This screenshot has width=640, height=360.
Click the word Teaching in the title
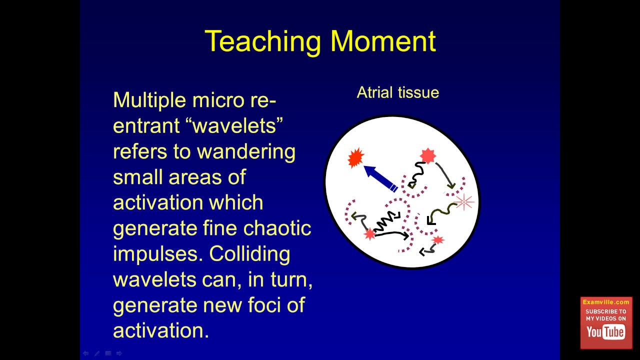point(263,42)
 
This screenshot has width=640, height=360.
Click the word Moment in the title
point(383,41)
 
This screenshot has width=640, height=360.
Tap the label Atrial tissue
point(397,92)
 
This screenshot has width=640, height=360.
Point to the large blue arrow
point(380,178)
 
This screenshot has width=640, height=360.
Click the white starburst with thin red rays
point(464,201)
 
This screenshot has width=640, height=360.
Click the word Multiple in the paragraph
point(149,100)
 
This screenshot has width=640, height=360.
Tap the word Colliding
point(249,254)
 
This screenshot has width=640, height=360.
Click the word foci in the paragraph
point(264,305)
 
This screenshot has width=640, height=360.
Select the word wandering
point(246,152)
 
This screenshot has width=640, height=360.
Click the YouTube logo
point(605,332)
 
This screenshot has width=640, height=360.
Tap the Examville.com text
point(606,302)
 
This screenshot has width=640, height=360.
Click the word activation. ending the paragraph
point(161,330)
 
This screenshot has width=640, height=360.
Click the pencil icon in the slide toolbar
point(97,353)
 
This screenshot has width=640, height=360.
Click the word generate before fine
point(155,229)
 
